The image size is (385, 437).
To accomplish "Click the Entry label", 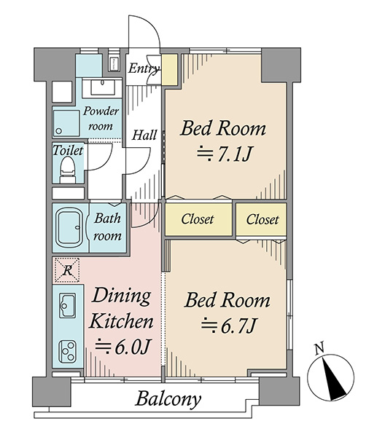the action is coord(144,69).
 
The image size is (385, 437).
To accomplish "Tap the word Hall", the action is coord(144,135).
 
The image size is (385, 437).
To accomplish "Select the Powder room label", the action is coord(101,119).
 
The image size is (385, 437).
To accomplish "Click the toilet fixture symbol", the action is coord(68,169).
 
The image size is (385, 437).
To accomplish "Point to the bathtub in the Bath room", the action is coord(69,228).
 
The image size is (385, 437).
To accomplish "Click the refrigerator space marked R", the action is coord(68,270).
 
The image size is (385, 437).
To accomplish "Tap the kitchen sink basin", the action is coord(67,305).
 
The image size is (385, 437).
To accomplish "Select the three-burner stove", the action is coord(68,352).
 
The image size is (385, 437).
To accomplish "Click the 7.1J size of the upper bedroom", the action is coord(225,154).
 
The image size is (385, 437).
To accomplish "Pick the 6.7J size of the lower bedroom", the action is coord(228,326).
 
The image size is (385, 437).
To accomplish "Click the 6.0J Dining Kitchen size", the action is coord(123,347).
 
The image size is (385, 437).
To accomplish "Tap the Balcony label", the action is coord(168,399).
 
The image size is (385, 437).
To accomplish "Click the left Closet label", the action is coord(198,219).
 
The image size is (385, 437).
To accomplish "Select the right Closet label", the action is coord(262,219).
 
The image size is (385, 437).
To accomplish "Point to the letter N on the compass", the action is coord(319,349).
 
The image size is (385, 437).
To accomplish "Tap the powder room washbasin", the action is coord(103,87).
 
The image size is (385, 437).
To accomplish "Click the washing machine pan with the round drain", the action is coord(66,123).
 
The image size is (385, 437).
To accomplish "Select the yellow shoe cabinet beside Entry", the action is coord(170,70).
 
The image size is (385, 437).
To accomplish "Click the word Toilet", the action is coord(68,151).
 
